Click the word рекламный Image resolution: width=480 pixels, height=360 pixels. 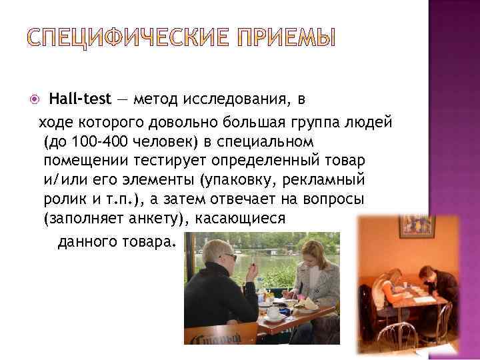click(331, 181)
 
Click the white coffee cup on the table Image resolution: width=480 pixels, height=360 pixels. click(273, 313)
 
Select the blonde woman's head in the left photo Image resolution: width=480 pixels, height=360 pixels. click(311, 254)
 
